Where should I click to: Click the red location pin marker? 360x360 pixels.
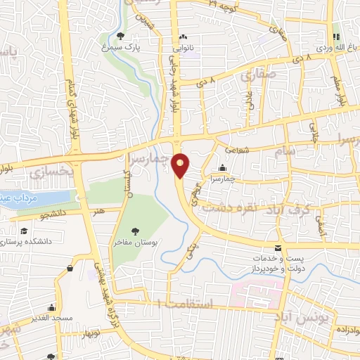[181, 165]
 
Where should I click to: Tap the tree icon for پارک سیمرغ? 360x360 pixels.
[122, 36]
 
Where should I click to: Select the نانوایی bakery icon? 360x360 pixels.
[183, 37]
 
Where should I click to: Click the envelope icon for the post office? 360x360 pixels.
[278, 247]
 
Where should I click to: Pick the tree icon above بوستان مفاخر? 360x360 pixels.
[136, 231]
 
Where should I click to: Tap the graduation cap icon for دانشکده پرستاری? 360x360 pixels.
[23, 231]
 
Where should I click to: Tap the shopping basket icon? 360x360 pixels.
[70, 268]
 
